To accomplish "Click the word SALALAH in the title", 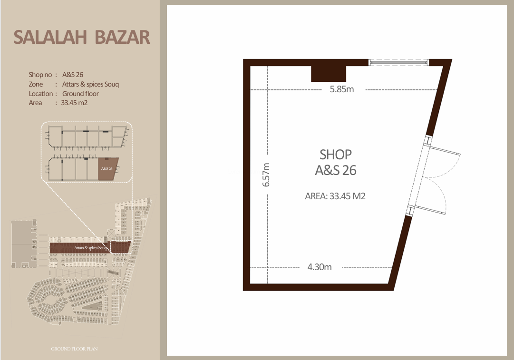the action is [50, 37].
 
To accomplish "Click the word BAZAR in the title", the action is [122, 37].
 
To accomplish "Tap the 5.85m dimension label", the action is [342, 89].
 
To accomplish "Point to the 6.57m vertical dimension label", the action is [266, 175].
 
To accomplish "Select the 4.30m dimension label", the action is [319, 267].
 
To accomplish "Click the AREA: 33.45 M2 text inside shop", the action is [335, 196].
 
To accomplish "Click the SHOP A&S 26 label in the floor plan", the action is [336, 162].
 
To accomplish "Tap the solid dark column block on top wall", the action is [329, 74].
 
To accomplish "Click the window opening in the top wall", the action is [399, 62].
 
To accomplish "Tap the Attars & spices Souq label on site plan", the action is [90, 248].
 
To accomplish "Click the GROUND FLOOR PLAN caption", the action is [74, 349].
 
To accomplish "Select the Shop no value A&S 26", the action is [73, 75].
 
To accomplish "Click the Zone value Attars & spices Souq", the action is [90, 84].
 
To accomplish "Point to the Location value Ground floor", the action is [80, 94].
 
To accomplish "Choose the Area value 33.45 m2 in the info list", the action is [74, 103].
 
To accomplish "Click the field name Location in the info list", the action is [40, 94].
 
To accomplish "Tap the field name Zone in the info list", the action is [36, 84].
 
